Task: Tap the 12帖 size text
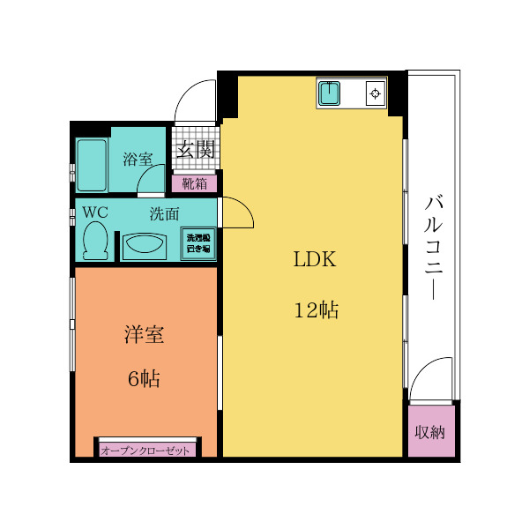click(x=316, y=309)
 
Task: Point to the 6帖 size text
click(x=144, y=379)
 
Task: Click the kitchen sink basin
click(x=331, y=93)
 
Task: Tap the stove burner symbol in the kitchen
click(x=376, y=93)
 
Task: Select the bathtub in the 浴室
click(x=92, y=165)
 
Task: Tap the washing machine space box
click(x=198, y=242)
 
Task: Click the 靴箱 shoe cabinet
click(x=195, y=183)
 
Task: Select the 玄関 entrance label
click(x=195, y=149)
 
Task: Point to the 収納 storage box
click(x=430, y=432)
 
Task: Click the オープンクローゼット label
click(x=146, y=450)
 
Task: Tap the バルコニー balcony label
click(x=434, y=247)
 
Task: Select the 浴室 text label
click(x=137, y=159)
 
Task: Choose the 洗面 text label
click(x=164, y=212)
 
